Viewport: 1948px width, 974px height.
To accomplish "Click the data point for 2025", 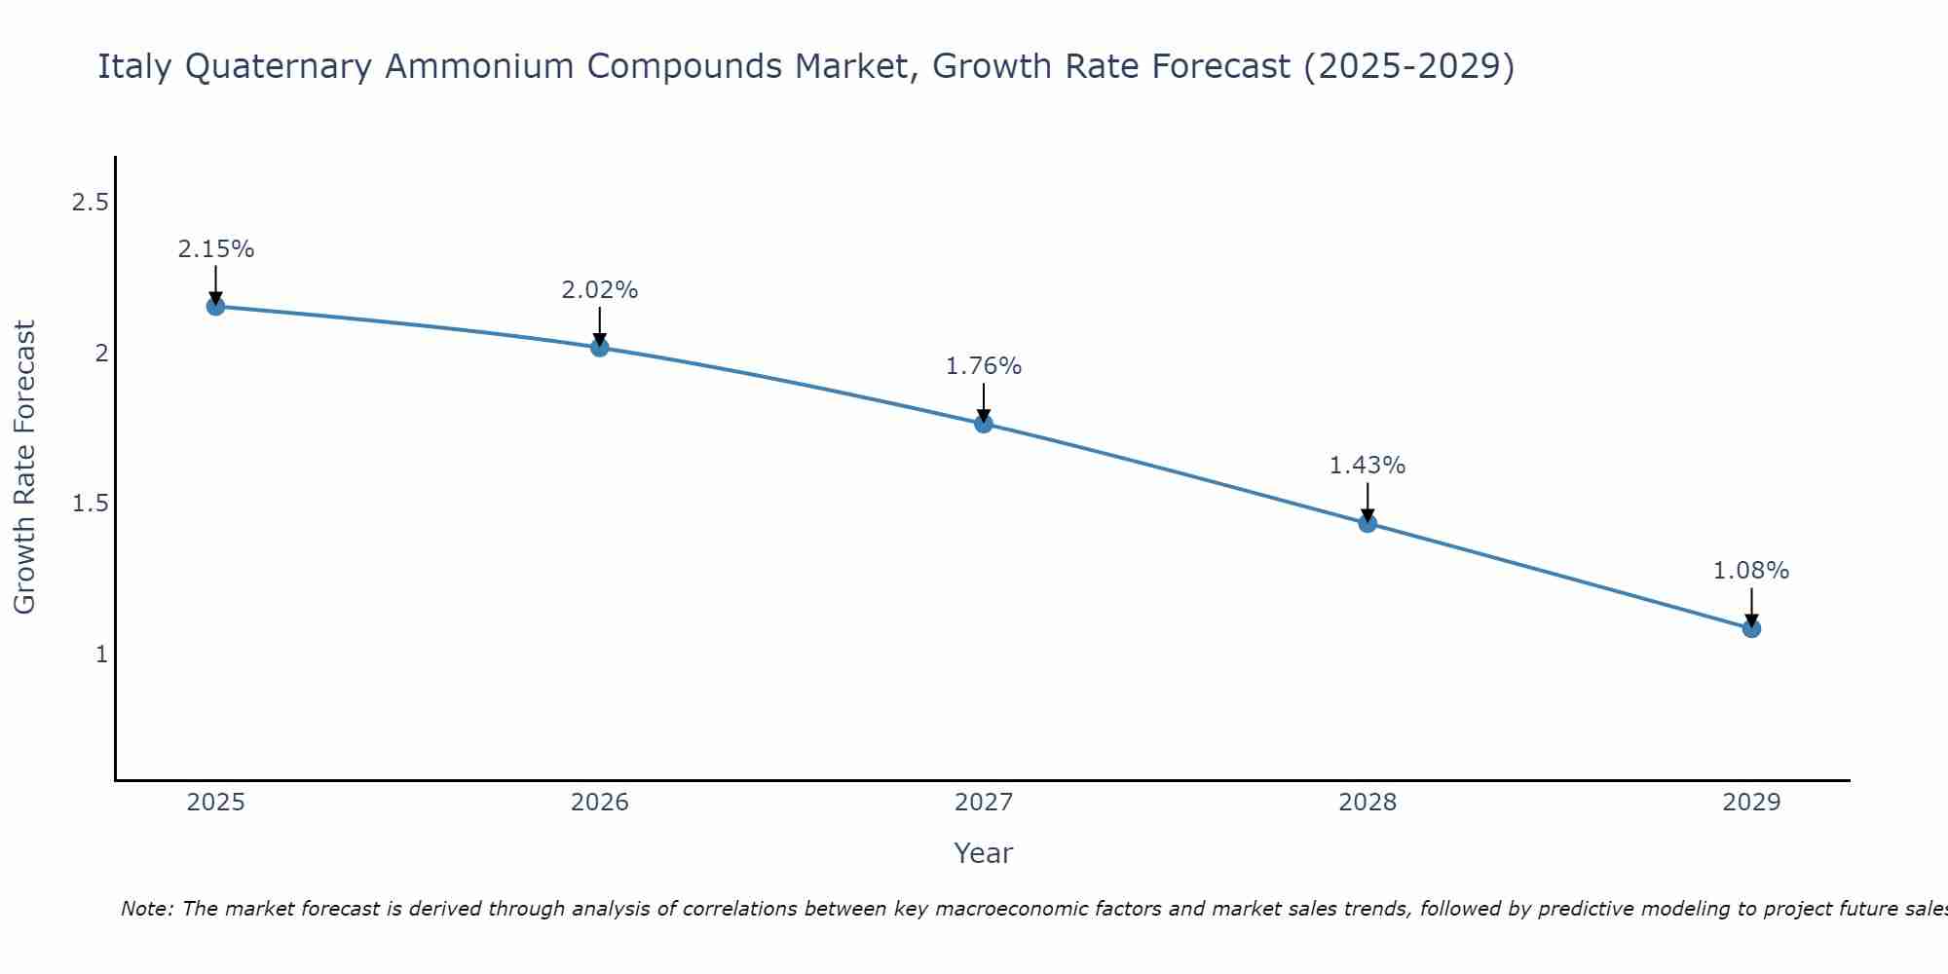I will (215, 307).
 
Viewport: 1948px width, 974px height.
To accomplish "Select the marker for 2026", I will (599, 347).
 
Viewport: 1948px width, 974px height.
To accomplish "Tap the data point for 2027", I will (983, 424).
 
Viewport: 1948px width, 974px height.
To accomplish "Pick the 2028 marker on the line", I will (1367, 523).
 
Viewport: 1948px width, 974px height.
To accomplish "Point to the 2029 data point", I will (1751, 628).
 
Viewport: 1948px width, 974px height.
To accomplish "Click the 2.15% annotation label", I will (215, 249).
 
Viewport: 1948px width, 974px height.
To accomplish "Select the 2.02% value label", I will (599, 290).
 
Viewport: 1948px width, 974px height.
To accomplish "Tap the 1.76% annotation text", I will (983, 366).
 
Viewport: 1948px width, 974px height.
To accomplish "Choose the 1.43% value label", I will (1367, 466).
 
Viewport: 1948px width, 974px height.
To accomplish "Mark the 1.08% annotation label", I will (1751, 571).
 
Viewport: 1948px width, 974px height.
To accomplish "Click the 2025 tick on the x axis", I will (215, 803).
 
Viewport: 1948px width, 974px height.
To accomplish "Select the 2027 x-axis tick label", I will (983, 803).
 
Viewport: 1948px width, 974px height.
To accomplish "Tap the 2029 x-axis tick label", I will (1751, 803).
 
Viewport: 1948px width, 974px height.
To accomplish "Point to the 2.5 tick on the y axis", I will (90, 203).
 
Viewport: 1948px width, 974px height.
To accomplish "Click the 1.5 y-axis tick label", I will (90, 504).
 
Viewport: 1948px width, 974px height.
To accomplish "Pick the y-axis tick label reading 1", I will (101, 654).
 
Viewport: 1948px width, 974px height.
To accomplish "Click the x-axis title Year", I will (983, 853).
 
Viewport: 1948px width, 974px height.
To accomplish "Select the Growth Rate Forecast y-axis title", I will (24, 468).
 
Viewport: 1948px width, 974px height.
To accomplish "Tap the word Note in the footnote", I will (146, 909).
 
